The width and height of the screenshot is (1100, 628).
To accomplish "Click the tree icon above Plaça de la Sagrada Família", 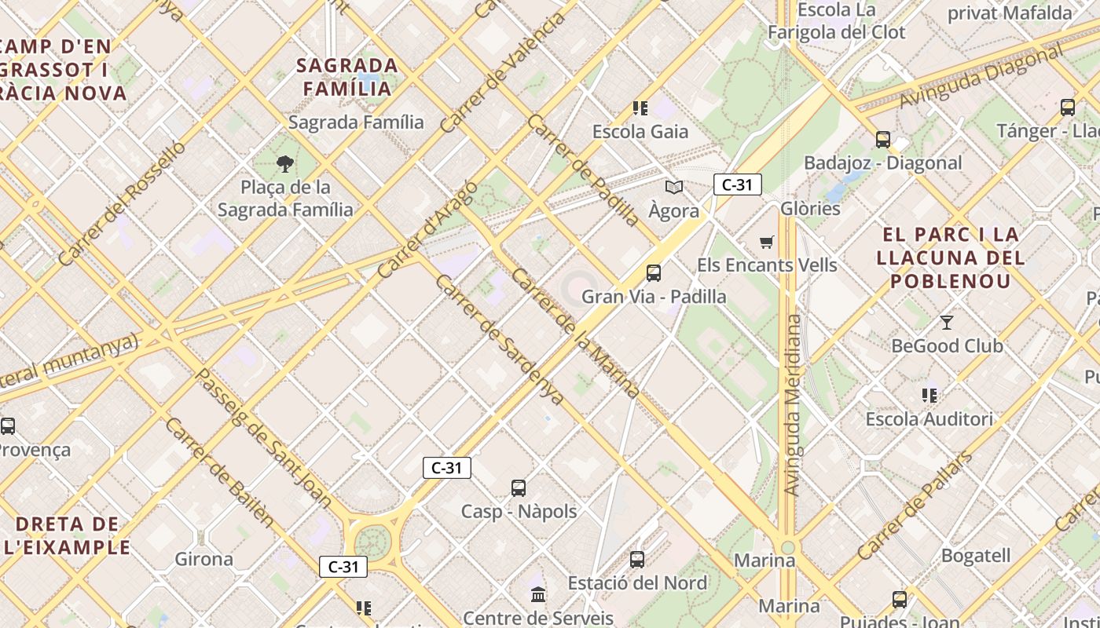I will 285,164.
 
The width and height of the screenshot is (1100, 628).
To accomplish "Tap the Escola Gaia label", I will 640,132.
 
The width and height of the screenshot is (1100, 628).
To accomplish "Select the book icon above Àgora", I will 673,187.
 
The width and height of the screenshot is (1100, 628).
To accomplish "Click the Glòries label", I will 810,209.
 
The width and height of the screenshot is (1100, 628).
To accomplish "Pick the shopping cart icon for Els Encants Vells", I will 767,242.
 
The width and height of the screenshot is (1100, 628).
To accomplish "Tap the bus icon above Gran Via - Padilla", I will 653,273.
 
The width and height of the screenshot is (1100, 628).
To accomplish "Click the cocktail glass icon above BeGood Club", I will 947,322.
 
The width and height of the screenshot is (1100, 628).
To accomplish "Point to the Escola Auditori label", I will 929,419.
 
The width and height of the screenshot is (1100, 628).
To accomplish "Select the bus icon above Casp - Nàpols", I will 519,488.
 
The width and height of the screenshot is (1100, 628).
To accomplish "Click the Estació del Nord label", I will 637,583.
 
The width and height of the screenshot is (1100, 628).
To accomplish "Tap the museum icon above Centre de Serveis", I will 538,595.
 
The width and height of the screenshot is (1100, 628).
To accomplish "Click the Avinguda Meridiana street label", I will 794,404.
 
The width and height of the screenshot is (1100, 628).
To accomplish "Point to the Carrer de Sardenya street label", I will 499,340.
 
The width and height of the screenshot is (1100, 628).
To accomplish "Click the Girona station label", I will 203,560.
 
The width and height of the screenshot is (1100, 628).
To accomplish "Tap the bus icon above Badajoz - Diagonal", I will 883,140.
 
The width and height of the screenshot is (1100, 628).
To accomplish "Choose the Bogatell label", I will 975,556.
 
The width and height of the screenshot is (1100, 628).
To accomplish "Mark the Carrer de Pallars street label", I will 915,506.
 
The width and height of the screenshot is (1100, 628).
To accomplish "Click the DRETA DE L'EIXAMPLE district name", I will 67,536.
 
